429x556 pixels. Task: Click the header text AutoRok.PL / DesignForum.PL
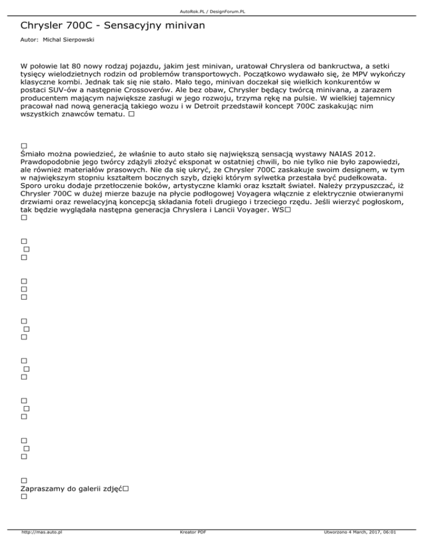pos(214,11)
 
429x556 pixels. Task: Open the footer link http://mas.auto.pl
pos(41,533)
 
